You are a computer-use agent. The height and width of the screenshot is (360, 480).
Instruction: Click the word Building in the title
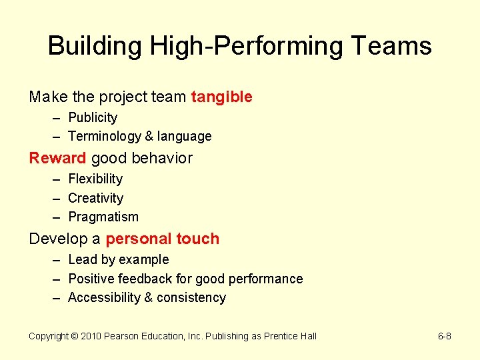pos(95,47)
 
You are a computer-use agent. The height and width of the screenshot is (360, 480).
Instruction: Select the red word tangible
pos(221,97)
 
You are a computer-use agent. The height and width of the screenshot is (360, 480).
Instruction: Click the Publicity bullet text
pos(93,118)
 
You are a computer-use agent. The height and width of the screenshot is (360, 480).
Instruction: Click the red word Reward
pos(57,158)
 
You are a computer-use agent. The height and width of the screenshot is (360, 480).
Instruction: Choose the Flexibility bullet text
pos(95,179)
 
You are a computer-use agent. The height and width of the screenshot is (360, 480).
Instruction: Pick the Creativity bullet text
pos(95,198)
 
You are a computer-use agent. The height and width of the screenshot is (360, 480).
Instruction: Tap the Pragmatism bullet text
pos(103,217)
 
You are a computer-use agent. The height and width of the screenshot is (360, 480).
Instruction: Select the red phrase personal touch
pos(162,239)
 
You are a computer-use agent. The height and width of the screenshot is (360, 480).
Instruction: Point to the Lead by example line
pos(119,260)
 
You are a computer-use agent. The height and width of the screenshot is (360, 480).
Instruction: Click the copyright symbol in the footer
pos(76,336)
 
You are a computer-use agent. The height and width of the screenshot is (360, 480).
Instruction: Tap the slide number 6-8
pos(443,336)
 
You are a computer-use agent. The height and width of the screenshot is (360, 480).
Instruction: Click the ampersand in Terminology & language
pos(149,137)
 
